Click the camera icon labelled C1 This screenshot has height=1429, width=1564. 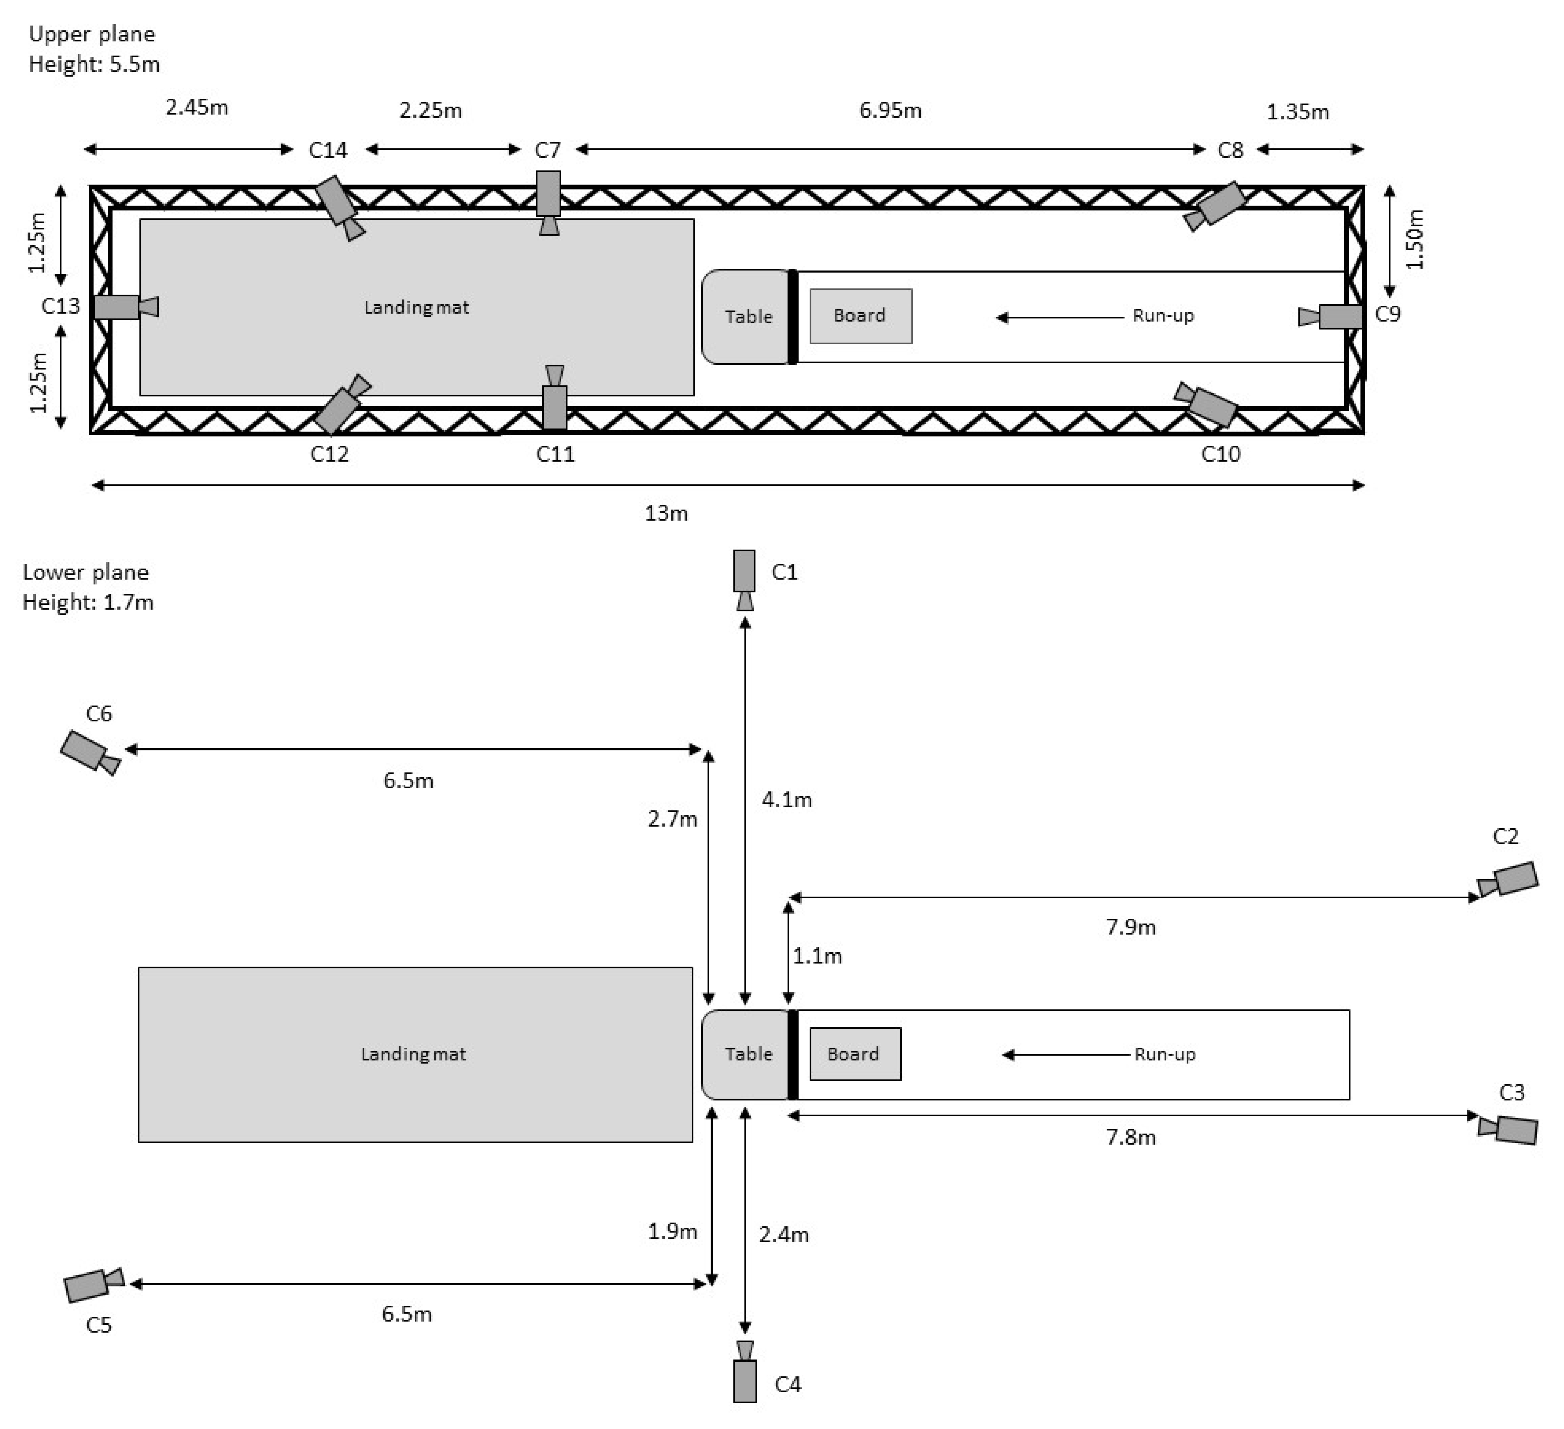point(744,578)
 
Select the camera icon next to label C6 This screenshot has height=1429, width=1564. point(89,752)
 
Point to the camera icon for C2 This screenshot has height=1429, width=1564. point(1509,880)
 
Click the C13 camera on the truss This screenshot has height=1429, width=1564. point(124,307)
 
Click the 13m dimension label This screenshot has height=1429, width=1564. point(666,513)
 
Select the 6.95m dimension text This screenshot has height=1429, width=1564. point(890,110)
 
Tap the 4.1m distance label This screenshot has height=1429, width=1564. point(787,799)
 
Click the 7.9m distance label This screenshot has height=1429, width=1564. point(1130,927)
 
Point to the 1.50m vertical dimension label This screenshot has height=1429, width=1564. point(1414,239)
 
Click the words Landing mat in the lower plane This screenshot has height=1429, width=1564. point(413,1054)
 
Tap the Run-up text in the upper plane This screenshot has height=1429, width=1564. point(1162,316)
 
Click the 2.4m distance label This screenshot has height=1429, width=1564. point(784,1234)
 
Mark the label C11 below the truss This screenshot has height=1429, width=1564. point(555,454)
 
